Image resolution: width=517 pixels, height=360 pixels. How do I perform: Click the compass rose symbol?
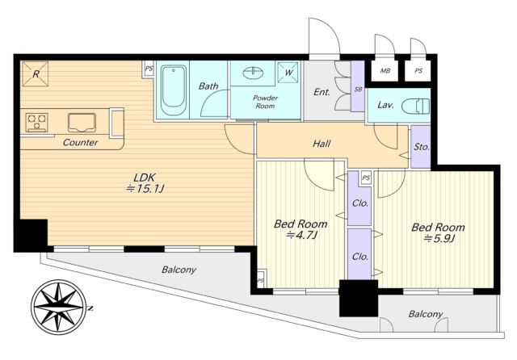coord(59,307)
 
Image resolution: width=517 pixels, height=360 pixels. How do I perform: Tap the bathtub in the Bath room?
coord(174,90)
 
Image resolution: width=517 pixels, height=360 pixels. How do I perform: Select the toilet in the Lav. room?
coord(415,107)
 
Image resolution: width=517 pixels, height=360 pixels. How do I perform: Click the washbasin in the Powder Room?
coord(253,73)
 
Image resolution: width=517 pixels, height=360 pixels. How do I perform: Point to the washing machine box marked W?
coord(288,72)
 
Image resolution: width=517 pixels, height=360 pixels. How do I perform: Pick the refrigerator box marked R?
coord(36,73)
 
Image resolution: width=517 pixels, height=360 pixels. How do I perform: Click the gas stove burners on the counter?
coord(36,123)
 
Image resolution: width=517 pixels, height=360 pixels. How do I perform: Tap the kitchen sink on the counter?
coord(82,123)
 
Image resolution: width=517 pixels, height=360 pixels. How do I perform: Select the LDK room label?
coord(145,182)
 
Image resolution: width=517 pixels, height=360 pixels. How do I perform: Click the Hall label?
coord(322,144)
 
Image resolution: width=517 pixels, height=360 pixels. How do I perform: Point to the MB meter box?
coord(385,70)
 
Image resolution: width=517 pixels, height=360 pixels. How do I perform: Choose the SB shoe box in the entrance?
coord(358,86)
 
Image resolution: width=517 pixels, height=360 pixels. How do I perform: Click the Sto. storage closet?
coord(421,147)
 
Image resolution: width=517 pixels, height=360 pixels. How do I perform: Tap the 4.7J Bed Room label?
coord(301,229)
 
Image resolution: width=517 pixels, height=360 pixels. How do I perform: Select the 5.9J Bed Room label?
coord(438,232)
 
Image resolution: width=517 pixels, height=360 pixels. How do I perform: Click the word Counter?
coord(80,142)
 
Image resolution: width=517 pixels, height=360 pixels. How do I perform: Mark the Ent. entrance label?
coord(322,92)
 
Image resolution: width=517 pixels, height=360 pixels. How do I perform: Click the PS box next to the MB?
coord(418,70)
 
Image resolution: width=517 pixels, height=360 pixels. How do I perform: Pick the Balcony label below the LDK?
coord(179,270)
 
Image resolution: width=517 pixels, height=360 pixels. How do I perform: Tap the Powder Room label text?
coord(266,102)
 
